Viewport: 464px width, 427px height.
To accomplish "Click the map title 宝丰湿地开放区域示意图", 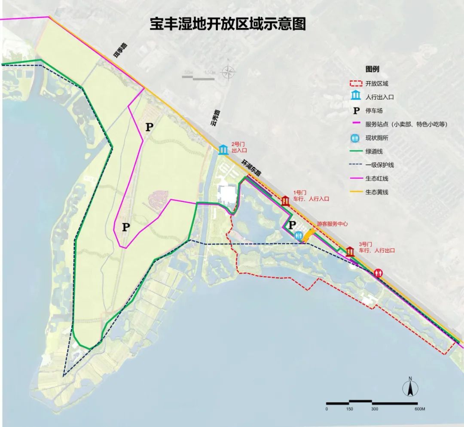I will click(227, 24).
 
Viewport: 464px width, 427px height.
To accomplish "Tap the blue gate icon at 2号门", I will click(223, 149).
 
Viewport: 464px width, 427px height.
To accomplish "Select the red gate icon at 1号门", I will click(285, 201).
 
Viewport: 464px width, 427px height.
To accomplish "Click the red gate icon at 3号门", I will click(350, 252).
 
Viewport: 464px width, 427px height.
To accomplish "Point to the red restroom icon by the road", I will click(378, 272).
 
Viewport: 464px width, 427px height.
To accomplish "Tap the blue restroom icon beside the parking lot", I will click(299, 235).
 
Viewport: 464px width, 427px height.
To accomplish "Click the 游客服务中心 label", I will click(332, 224).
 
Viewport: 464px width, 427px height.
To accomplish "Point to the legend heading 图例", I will click(372, 69).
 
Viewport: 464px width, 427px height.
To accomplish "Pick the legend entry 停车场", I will click(374, 111).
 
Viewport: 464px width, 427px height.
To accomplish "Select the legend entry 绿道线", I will click(374, 151).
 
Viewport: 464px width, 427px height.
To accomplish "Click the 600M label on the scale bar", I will click(420, 409).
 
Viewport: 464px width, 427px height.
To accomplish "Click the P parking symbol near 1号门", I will click(292, 225).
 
